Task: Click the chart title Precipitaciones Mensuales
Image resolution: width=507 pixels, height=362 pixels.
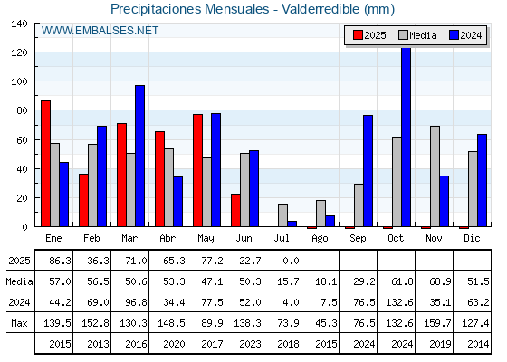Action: coord(190,9)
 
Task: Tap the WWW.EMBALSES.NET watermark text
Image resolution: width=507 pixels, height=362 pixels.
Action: coord(100,31)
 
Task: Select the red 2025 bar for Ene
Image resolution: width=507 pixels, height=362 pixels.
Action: coord(45,164)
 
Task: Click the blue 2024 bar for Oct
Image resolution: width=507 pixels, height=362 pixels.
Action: coord(407,138)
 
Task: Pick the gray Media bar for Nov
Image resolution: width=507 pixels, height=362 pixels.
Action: coord(435,176)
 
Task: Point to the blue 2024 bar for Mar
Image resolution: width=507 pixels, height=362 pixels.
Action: coord(140,156)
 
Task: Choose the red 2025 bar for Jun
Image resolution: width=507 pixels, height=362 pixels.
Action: coord(235,210)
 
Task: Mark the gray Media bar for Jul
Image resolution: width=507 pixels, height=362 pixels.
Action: coord(282,215)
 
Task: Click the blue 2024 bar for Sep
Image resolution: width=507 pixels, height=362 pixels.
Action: coord(368,171)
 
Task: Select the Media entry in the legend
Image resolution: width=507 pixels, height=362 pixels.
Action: coord(417,35)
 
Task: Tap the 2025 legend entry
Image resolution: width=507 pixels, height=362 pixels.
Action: coord(369,35)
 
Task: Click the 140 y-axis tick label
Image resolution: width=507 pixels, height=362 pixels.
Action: coord(19,24)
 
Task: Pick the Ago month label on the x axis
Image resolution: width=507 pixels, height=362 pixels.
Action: coord(320,239)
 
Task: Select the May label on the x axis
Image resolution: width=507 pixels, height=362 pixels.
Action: coord(206,239)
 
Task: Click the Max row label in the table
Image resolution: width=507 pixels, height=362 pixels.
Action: coord(19,323)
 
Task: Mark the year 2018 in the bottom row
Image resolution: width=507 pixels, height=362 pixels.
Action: coord(288,344)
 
